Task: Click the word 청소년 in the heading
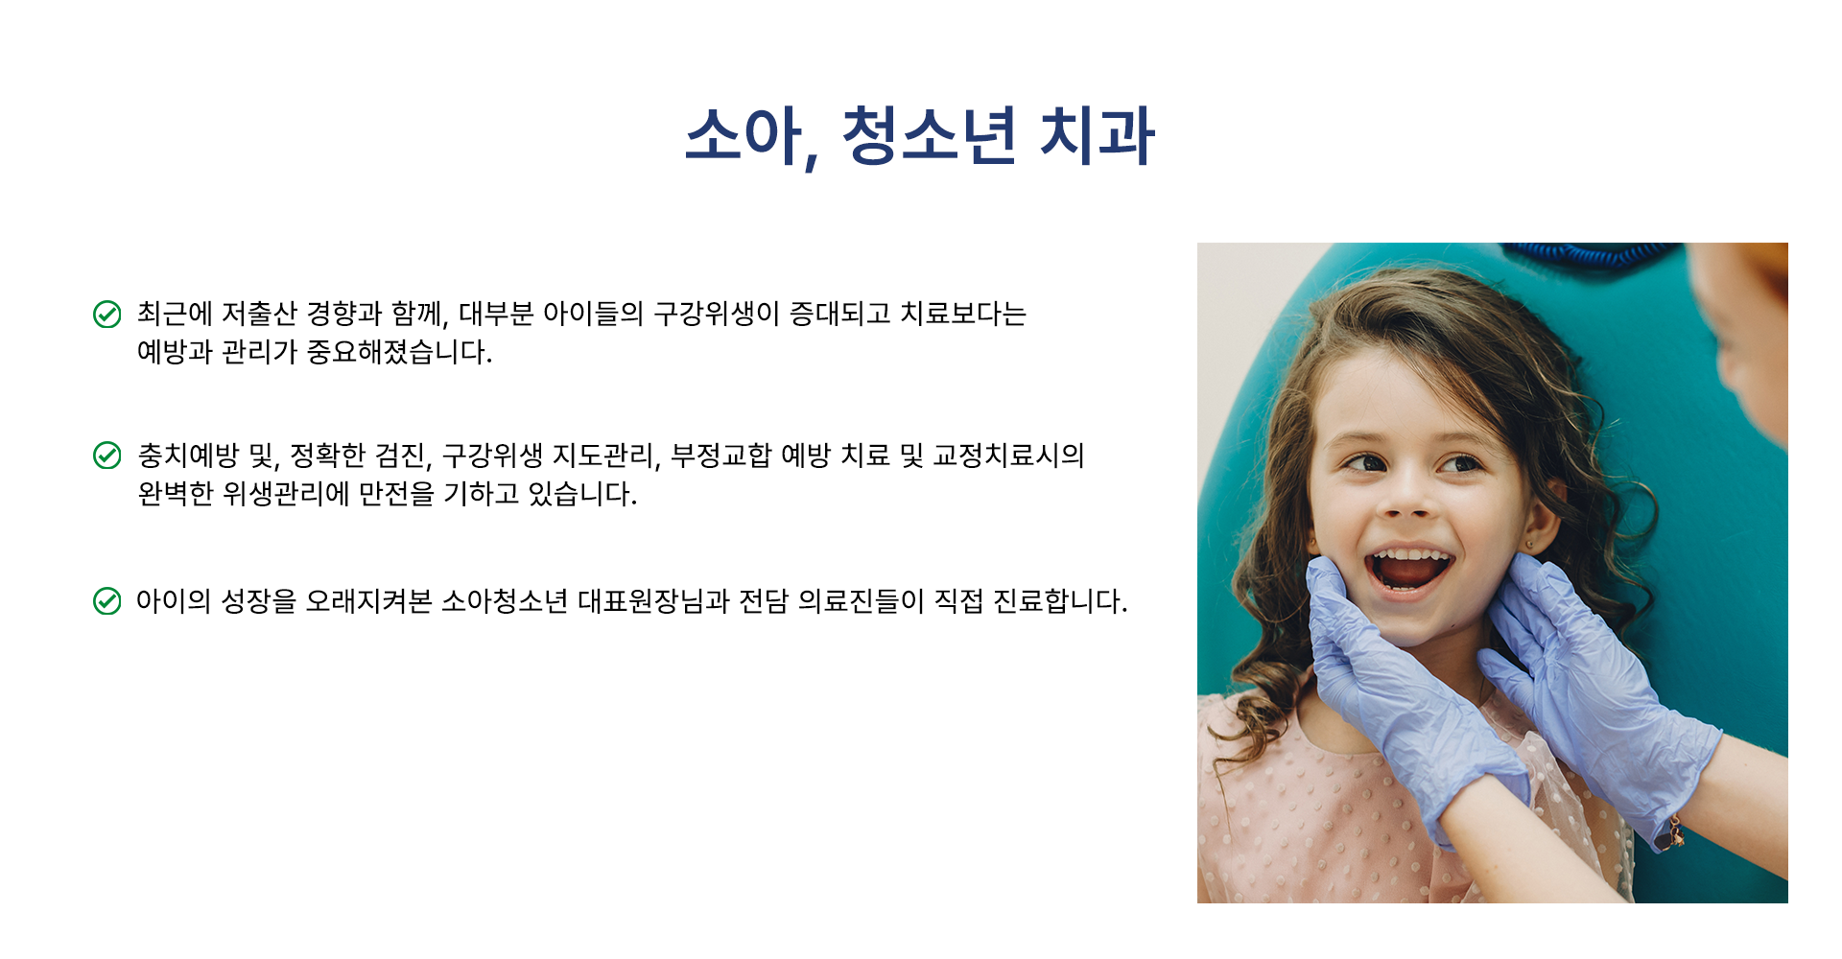[x=929, y=135]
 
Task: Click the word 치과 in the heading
[x=1098, y=135]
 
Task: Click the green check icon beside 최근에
[x=106, y=314]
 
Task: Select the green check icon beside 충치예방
[x=106, y=456]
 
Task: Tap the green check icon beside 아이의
[x=106, y=601]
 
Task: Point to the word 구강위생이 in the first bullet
[x=717, y=314]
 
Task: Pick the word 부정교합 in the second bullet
[x=720, y=456]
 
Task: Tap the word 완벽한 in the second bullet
[x=176, y=494]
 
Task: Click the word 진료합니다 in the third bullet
[x=1060, y=601]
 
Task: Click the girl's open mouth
[x=1408, y=569]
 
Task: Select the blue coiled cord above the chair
[x=1588, y=253]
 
